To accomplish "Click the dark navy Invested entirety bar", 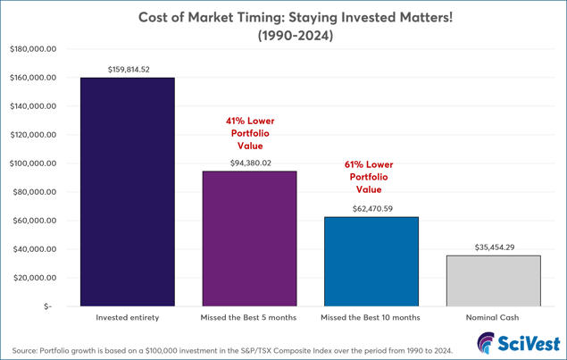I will [x=127, y=192].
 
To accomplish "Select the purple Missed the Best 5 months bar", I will [x=249, y=239].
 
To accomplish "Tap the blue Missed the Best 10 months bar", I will [x=371, y=262].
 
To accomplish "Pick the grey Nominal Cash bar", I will [x=493, y=280].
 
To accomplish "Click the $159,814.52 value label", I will [x=127, y=69].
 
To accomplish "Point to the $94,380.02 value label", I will [x=249, y=163].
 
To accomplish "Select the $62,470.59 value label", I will [x=371, y=208].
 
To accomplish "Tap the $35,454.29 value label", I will [x=493, y=247].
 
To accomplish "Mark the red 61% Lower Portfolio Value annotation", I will [x=369, y=177].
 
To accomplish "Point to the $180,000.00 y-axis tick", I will [x=33, y=49].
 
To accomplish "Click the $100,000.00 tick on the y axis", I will [x=33, y=163].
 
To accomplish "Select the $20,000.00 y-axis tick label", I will [x=35, y=278].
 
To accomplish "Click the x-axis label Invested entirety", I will [x=127, y=317].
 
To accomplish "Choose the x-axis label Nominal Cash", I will [x=493, y=317].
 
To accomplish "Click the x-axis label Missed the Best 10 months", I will [x=371, y=317].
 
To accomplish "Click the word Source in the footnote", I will [x=27, y=350].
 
